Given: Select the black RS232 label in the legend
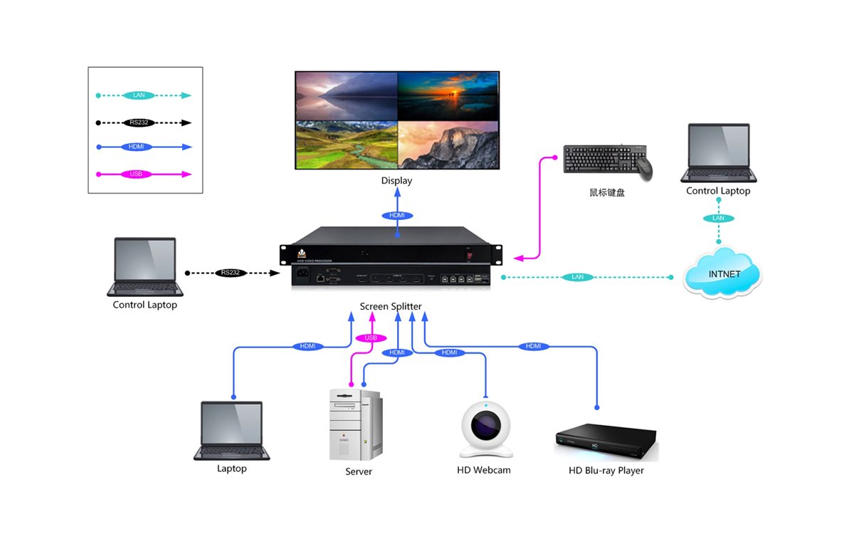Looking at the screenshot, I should tap(139, 122).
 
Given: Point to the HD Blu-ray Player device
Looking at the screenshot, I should tap(606, 441).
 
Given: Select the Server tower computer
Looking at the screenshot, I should tap(355, 425).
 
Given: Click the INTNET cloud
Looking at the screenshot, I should tap(722, 273).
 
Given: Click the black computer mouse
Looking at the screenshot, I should tap(643, 168).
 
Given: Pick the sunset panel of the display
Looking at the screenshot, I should tap(447, 95).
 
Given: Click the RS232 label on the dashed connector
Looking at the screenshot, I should tap(231, 273).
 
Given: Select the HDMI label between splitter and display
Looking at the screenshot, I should tap(396, 215).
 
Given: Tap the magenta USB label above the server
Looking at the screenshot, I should tap(370, 338).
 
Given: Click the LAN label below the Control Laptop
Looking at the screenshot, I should tap(718, 218).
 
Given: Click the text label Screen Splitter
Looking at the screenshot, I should tap(391, 306).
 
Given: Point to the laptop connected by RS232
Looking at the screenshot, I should tap(145, 266).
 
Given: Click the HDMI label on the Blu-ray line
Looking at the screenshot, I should tap(534, 346).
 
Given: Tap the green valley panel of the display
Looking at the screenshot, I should tap(346, 145).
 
